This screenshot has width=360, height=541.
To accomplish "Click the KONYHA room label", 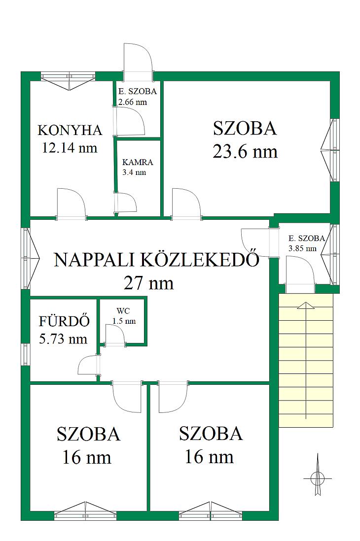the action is point(70,131).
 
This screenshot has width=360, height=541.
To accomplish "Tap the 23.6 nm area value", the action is point(245,151).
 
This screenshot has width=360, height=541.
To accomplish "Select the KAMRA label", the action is point(138,162).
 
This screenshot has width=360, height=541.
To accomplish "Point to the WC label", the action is point(123,311).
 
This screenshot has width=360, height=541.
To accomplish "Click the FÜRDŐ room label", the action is point(59,321).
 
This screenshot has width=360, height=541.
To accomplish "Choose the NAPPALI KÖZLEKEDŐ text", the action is point(156,259).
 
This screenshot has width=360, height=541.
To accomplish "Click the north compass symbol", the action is point(317,478).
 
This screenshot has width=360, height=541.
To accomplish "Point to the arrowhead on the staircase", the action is point(306,305).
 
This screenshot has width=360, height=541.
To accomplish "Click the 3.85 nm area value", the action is point(302,248).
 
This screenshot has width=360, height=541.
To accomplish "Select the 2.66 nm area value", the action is point(133,102).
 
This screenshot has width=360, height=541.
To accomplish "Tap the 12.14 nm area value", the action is point(70,148).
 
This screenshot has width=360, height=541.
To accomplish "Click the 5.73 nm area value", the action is point(63,339).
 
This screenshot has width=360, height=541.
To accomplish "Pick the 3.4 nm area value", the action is point(134,172).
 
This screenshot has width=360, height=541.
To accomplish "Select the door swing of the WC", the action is point(114,335).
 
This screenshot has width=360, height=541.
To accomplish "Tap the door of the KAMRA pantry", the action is point(126,203).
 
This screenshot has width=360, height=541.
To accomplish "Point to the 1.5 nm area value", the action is point(124,321).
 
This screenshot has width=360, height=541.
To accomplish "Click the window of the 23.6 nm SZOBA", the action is point(330,150).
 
